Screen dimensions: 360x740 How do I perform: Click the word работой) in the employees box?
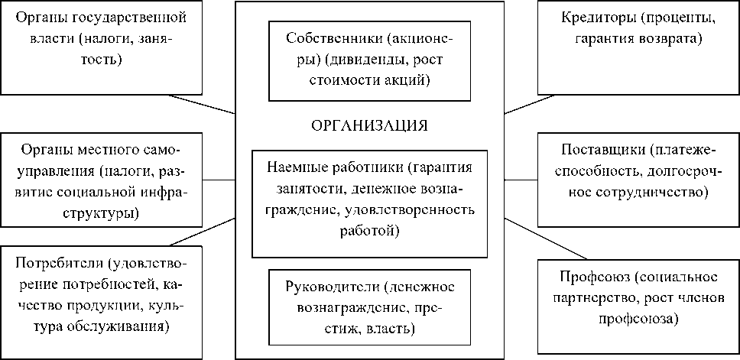pyautogui.click(x=370, y=229)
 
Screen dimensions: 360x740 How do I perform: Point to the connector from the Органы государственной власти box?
pyautogui.click(x=202, y=104)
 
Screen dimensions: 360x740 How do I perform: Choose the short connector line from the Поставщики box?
pyautogui.click(x=521, y=180)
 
